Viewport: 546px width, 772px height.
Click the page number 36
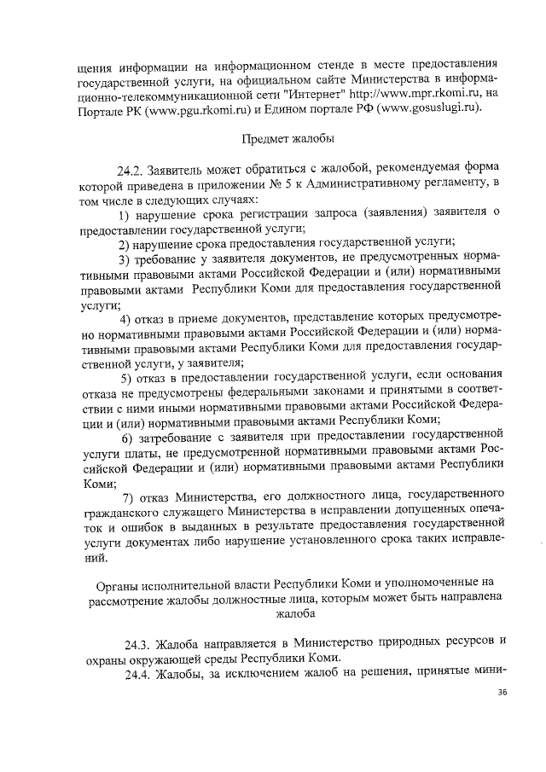502,691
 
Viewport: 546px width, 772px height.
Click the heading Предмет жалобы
288,137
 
